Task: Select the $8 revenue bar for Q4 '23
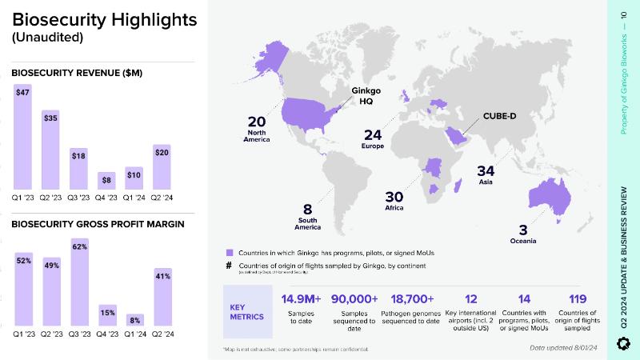coord(106,182)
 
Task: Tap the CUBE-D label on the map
coord(499,117)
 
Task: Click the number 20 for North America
coord(257,122)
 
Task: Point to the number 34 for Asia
coord(487,170)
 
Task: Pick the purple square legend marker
coord(229,251)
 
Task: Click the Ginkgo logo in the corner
coord(624,343)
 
